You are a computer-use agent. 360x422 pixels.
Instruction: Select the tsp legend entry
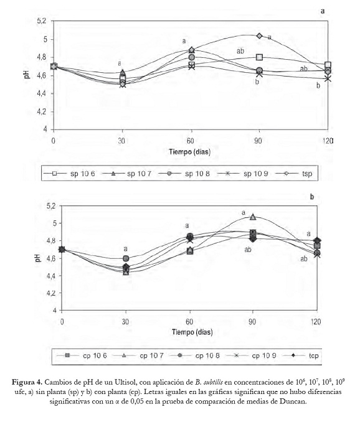click(x=294, y=174)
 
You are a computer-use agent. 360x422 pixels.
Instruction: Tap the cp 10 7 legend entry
click(x=138, y=355)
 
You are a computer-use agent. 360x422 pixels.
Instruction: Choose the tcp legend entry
click(x=301, y=355)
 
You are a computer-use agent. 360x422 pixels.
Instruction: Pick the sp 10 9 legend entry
click(x=243, y=174)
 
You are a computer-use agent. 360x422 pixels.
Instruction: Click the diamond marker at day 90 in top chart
click(x=259, y=36)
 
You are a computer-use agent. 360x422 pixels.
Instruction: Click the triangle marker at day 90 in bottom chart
click(x=253, y=217)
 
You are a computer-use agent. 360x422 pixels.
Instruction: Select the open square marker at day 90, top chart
click(x=260, y=57)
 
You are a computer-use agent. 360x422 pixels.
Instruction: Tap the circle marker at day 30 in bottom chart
click(x=126, y=258)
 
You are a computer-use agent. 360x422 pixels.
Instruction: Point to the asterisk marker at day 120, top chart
click(x=328, y=78)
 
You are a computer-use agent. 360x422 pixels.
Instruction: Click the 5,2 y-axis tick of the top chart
click(x=42, y=21)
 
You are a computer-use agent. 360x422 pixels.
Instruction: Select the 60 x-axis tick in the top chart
click(x=191, y=141)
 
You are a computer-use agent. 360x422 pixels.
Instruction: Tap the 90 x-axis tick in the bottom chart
click(x=252, y=322)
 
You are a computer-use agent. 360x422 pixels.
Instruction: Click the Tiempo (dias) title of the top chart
click(x=190, y=151)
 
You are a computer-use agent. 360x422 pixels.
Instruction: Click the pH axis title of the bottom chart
click(x=38, y=258)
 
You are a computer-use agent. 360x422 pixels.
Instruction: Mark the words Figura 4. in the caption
click(x=27, y=382)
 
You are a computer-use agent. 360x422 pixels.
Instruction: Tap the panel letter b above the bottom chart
click(x=312, y=197)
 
